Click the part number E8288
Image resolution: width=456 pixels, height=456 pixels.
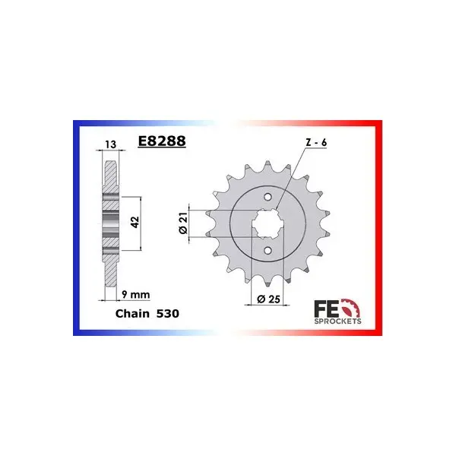(162, 141)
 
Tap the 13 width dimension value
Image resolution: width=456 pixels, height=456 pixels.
(111, 144)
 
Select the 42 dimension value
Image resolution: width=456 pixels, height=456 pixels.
(135, 222)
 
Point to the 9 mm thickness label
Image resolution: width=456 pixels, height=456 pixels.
(136, 295)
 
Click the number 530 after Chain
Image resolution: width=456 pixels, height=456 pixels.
(168, 313)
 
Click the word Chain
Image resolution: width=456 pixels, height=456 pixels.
(132, 313)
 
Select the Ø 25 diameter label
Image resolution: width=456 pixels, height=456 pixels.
(269, 299)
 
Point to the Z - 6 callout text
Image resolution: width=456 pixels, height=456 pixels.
(316, 143)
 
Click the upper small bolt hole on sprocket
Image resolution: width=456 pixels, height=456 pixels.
(268, 197)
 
